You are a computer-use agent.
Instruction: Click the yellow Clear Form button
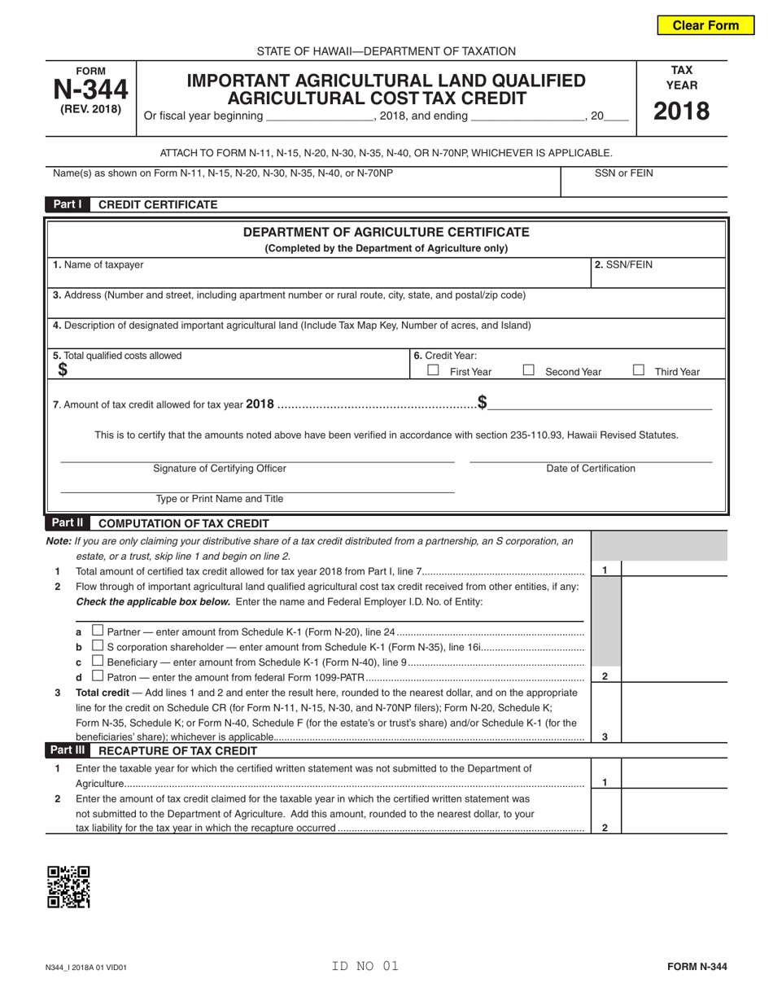(705, 25)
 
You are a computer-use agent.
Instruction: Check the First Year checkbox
(434, 370)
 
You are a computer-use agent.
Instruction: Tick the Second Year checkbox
(529, 370)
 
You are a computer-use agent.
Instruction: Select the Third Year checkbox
(639, 370)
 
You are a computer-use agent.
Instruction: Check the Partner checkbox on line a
(98, 630)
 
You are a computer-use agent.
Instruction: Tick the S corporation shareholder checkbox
(98, 645)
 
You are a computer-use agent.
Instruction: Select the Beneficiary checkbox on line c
(98, 661)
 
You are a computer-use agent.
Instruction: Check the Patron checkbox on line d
(98, 676)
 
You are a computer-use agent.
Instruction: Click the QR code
(68, 886)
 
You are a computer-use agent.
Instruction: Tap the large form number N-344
(90, 90)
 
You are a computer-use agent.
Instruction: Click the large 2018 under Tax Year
(682, 111)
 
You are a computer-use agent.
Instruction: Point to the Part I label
(68, 204)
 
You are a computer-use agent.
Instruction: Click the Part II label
(68, 523)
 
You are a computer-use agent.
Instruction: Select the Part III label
(68, 750)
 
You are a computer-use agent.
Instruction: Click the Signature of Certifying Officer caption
(220, 468)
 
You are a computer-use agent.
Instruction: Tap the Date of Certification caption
(591, 468)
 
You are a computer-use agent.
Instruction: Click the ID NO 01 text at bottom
(365, 966)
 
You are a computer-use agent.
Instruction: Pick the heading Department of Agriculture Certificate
(386, 233)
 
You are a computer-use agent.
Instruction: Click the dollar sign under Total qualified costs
(63, 370)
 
